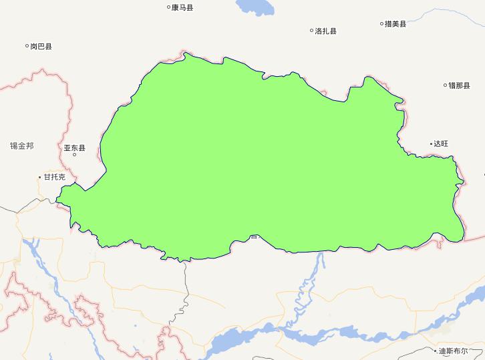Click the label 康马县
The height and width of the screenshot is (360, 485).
pyautogui.click(x=182, y=8)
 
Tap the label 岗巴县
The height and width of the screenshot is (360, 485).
pyautogui.click(x=41, y=47)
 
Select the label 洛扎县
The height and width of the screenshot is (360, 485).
pyautogui.click(x=326, y=31)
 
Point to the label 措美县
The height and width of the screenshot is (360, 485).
pyautogui.click(x=395, y=24)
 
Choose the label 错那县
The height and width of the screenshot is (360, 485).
pyautogui.click(x=459, y=85)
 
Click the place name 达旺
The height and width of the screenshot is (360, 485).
pyautogui.click(x=441, y=144)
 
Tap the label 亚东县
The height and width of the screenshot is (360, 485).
pyautogui.click(x=74, y=148)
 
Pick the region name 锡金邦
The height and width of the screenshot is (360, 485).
pyautogui.click(x=21, y=146)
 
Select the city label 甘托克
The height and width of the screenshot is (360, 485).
pyautogui.click(x=54, y=177)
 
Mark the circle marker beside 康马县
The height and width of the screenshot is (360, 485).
pyautogui.click(x=168, y=8)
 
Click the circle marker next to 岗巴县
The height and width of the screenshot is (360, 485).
pyautogui.click(x=27, y=47)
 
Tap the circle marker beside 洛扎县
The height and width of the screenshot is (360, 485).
pyautogui.click(x=311, y=31)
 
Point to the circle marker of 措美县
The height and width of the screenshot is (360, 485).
pyautogui.click(x=382, y=24)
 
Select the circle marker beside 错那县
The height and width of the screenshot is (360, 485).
pyautogui.click(x=446, y=85)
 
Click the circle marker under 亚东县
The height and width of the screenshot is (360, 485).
pyautogui.click(x=74, y=155)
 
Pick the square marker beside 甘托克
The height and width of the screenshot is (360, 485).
pyautogui.click(x=39, y=177)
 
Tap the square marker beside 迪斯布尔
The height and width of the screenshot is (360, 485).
pyautogui.click(x=435, y=351)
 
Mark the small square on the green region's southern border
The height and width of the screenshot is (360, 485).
pyautogui.click(x=253, y=236)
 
